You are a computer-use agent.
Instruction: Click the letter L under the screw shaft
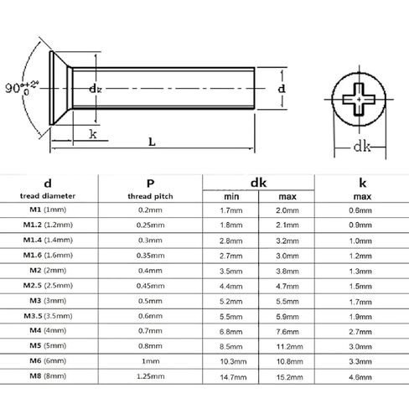point(152,143)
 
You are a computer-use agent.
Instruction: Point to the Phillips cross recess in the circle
point(358,98)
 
